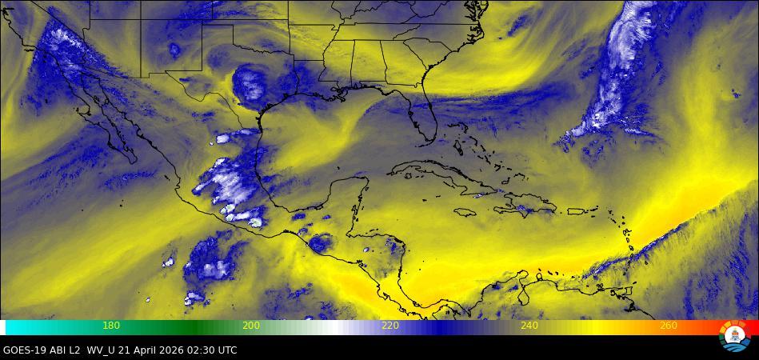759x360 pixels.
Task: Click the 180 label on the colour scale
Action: tap(111, 326)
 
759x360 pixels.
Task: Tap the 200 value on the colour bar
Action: tap(250, 326)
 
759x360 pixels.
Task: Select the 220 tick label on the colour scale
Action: tap(389, 326)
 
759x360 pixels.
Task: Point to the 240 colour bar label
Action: tap(529, 326)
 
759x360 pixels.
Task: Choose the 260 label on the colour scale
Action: tap(668, 326)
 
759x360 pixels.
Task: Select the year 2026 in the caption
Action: tap(178, 350)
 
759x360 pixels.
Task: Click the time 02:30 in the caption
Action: tap(207, 350)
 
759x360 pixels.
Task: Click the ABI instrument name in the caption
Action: tap(62, 350)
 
